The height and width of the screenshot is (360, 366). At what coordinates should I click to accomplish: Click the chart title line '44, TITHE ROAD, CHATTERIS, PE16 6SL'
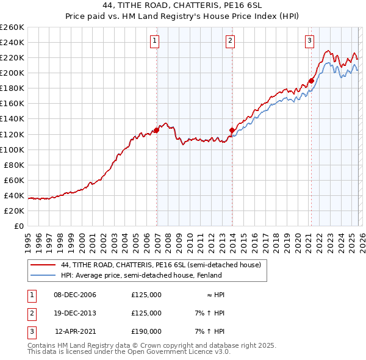[x=183, y=5]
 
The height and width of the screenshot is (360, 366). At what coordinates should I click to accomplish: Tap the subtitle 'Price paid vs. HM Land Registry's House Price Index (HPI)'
[x=183, y=16]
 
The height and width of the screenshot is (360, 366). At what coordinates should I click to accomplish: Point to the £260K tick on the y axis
[x=12, y=27]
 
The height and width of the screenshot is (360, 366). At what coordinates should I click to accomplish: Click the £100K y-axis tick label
[x=12, y=149]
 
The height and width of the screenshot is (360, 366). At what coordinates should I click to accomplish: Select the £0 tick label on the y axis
[x=18, y=226]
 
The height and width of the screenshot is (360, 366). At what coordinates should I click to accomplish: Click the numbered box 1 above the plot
[x=154, y=41]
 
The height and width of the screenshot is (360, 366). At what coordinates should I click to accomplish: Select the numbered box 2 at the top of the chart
[x=231, y=41]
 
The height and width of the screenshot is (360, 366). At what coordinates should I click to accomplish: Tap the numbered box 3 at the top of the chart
[x=309, y=41]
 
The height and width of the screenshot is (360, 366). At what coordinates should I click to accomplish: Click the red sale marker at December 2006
[x=157, y=130]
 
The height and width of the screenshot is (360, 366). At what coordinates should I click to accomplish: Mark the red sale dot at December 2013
[x=232, y=130]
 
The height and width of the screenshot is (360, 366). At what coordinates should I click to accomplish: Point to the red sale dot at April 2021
[x=311, y=80]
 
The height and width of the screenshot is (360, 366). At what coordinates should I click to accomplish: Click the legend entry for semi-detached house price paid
[x=161, y=265]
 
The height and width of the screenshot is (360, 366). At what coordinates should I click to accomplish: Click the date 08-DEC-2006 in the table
[x=75, y=295]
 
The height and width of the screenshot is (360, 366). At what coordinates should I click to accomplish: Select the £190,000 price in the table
[x=146, y=331]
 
